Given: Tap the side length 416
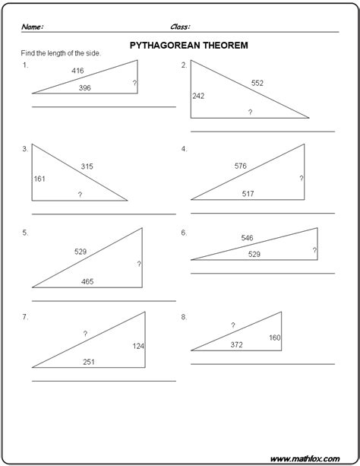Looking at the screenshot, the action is coord(77,71).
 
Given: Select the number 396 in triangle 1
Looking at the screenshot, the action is coord(85,87).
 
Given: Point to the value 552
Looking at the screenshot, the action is coord(257,83).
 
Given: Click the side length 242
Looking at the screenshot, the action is coord(199,96).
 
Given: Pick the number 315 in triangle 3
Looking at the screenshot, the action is coord(87,166).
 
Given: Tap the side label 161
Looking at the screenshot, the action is coord(40,179).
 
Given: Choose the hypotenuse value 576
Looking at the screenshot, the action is coord(241,165).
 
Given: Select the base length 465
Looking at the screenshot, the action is coord(88,281).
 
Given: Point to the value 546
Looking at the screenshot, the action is coord(247,238).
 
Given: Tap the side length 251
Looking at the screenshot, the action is coord(89,362).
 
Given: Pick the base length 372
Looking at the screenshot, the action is coord(237,344).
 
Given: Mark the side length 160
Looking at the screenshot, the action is coord(273,338).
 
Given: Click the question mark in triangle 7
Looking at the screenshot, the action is coord(85,333).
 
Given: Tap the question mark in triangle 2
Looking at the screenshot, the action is coord(249,112).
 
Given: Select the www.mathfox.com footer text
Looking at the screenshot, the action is coord(314,458).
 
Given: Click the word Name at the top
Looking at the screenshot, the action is coord(33,27).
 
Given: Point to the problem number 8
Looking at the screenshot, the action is coord(184,315).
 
